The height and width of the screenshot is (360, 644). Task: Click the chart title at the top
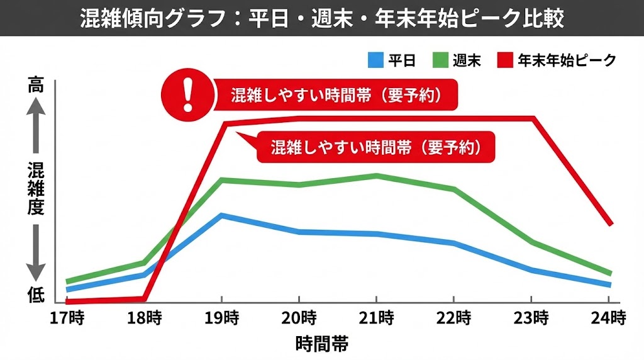[322, 18]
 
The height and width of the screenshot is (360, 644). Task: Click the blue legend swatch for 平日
[375, 60]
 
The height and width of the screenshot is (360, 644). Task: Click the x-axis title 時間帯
[321, 344]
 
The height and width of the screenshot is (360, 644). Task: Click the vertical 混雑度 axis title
[36, 189]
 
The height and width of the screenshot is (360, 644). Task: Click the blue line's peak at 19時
[221, 215]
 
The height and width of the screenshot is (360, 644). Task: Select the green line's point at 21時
[377, 176]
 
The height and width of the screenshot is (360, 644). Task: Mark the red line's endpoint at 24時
[609, 224]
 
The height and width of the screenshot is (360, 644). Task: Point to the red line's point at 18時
[144, 298]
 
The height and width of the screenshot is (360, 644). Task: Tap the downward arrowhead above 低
[36, 271]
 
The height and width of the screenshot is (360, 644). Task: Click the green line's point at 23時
[532, 242]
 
